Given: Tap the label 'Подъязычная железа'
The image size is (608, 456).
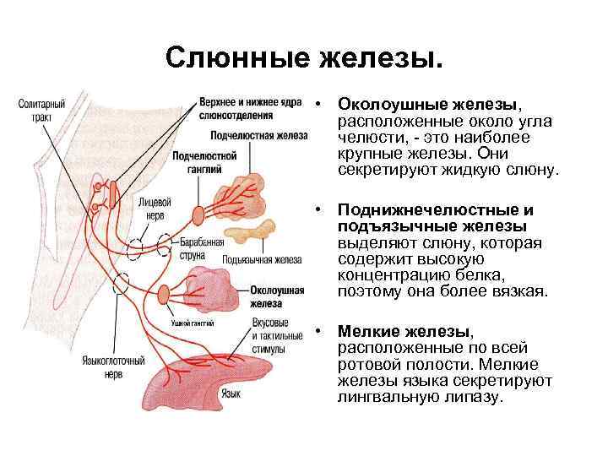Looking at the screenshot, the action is tap(262, 259).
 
